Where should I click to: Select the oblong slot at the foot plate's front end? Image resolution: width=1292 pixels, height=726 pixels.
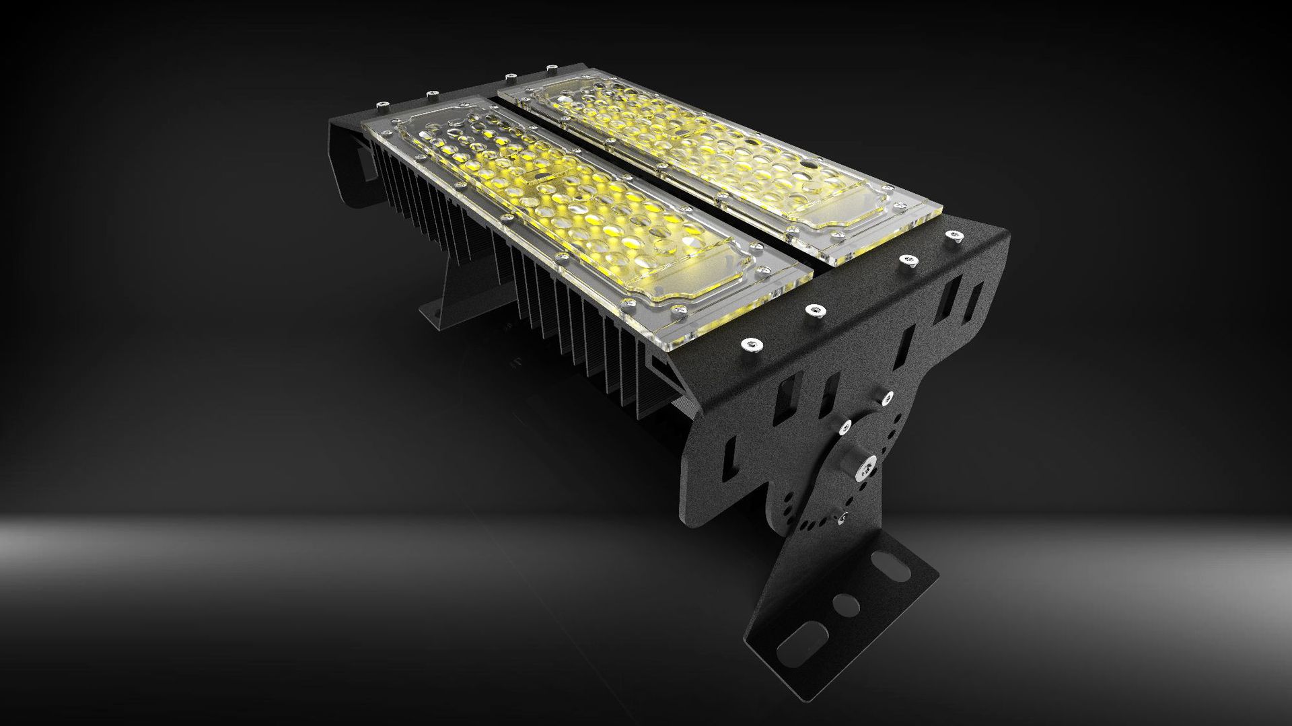click(x=800, y=648)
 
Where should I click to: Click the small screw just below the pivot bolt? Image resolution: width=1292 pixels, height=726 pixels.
click(x=840, y=517)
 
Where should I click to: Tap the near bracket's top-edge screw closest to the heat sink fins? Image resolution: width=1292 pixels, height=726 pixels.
click(x=748, y=344)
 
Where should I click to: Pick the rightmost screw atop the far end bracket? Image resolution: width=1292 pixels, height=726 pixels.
click(x=551, y=67)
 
